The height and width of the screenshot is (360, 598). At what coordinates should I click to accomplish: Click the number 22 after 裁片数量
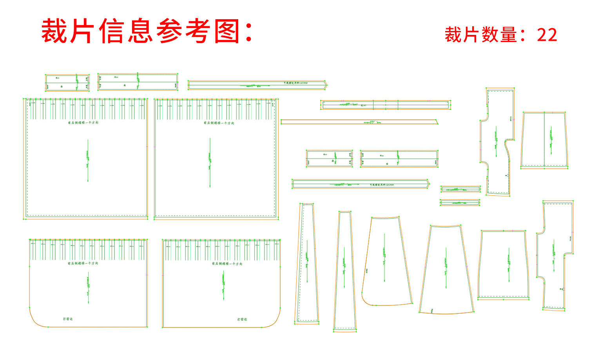click(547, 35)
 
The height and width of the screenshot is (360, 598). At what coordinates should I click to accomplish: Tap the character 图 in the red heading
click(227, 31)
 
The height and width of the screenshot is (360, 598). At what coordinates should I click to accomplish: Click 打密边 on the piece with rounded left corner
click(68, 319)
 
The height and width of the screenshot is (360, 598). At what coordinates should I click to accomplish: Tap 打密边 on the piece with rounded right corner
click(242, 319)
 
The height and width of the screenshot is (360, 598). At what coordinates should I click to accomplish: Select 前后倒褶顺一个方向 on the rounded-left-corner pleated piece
click(83, 263)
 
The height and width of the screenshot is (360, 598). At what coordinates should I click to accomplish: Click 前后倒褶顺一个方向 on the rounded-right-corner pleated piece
click(227, 264)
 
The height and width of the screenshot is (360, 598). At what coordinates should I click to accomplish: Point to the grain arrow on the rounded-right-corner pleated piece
click(223, 285)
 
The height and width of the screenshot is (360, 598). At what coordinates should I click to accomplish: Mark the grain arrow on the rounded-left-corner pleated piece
click(88, 288)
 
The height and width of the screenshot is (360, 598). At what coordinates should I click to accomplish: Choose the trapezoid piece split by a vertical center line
click(544, 140)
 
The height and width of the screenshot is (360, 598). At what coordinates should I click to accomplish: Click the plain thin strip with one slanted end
click(359, 122)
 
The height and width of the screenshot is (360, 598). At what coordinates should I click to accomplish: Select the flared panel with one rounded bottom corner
click(386, 261)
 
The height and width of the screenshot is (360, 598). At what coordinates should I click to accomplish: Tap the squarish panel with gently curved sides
click(503, 265)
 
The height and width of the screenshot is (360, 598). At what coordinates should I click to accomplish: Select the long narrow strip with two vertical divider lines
click(386, 105)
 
